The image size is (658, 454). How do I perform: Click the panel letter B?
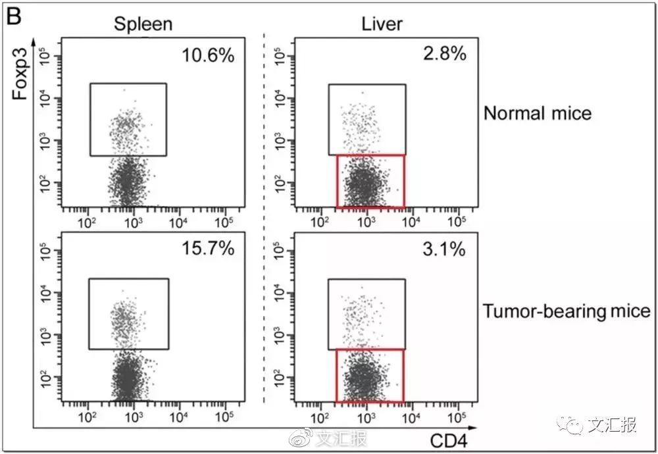14,16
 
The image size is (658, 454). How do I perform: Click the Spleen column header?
143,24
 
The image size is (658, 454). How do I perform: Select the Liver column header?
382,24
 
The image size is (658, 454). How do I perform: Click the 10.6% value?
208,55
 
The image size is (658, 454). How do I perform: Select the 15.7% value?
208,249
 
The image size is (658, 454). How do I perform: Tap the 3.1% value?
445,249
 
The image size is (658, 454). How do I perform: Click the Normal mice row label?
538,113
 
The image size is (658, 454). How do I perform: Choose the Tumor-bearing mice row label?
567,311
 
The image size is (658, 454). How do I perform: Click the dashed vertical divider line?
265,217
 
